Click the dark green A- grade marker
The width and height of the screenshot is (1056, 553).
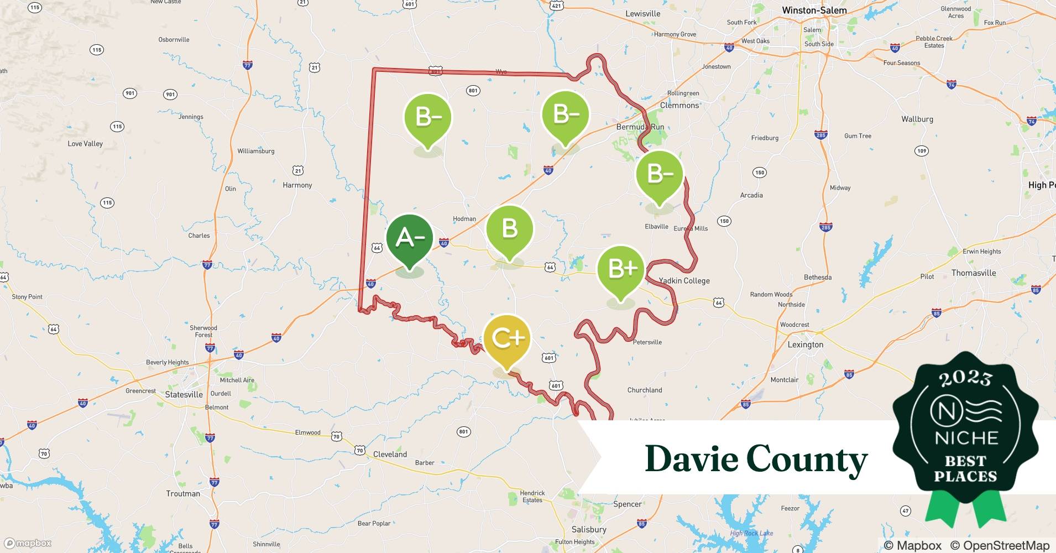[409, 238]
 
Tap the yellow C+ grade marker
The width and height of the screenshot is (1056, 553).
[506, 338]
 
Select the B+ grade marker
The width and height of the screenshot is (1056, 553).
[621, 269]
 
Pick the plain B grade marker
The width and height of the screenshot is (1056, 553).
[509, 229]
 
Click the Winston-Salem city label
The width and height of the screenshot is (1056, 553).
[814, 11]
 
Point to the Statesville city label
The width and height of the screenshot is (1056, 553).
[184, 395]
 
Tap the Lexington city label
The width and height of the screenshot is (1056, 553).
[805, 345]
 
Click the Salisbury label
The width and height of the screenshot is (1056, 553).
[589, 529]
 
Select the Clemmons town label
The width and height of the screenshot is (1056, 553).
[679, 105]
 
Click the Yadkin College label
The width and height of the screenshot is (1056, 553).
[684, 281]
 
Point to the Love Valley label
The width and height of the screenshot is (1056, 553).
[85, 144]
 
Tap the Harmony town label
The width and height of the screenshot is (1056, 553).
[297, 185]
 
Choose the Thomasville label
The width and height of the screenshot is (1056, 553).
[973, 273]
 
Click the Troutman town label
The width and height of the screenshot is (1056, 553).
[183, 494]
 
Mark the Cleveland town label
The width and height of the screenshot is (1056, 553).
[390, 455]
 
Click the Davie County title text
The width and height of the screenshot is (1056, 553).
[756, 459]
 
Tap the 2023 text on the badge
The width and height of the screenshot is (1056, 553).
[965, 378]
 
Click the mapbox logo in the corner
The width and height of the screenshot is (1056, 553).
[28, 544]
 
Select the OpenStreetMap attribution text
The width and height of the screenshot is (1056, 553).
[1000, 546]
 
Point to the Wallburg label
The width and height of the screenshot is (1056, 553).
[917, 119]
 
